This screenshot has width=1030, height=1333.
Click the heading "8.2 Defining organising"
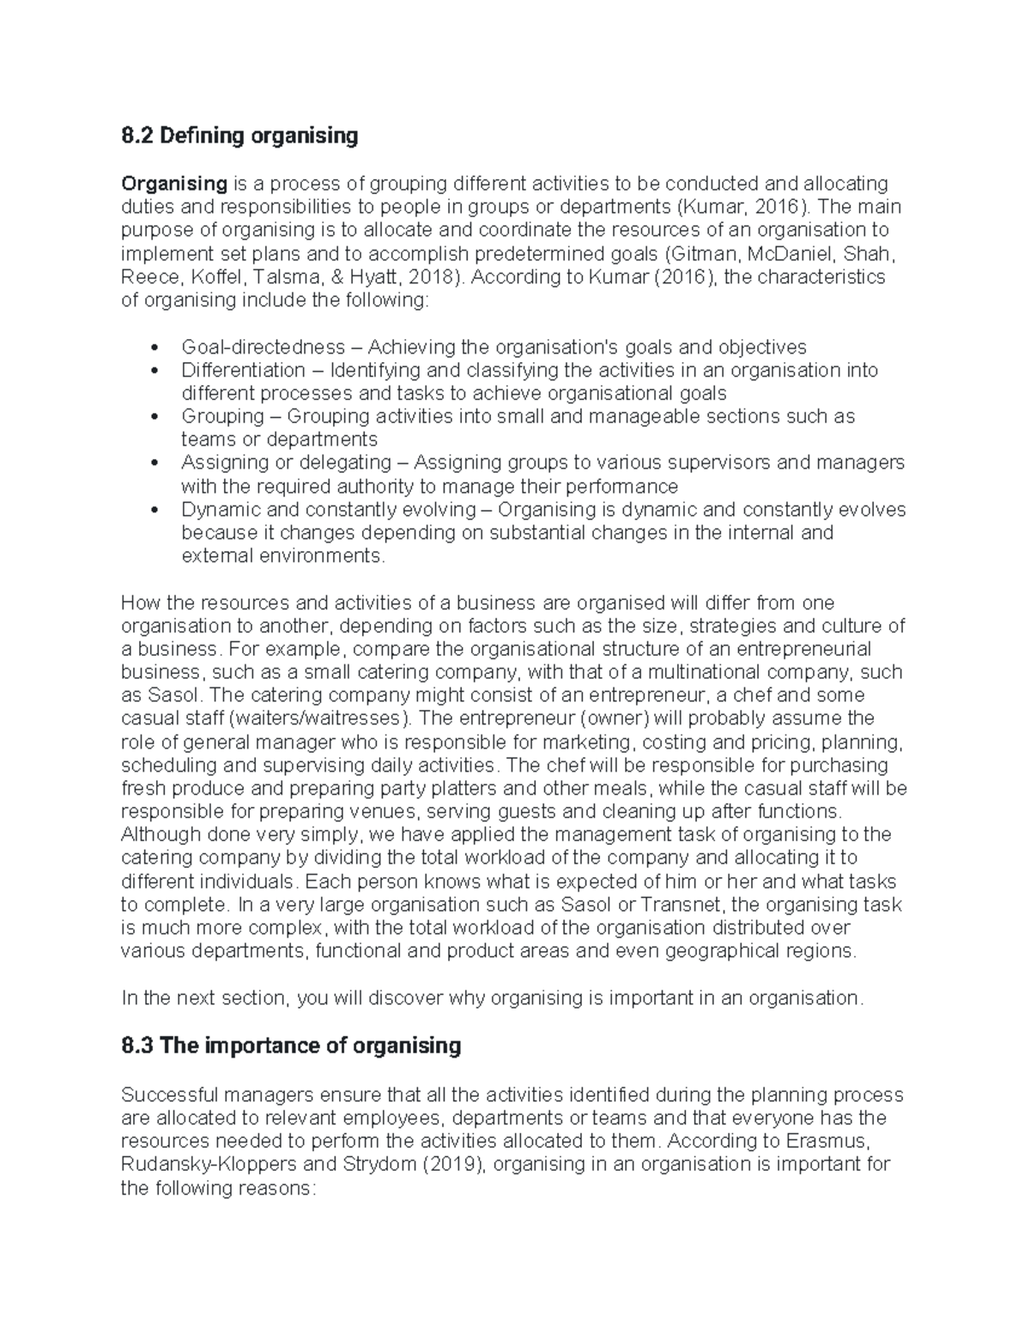[x=239, y=136]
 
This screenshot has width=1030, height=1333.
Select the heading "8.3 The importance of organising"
[x=291, y=1045]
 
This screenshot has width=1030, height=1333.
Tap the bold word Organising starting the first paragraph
[x=174, y=184]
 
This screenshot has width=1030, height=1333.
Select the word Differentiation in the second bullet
[x=243, y=371]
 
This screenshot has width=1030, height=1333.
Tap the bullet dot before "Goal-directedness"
[x=154, y=348]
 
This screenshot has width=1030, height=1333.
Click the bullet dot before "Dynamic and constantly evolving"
[x=154, y=511]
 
